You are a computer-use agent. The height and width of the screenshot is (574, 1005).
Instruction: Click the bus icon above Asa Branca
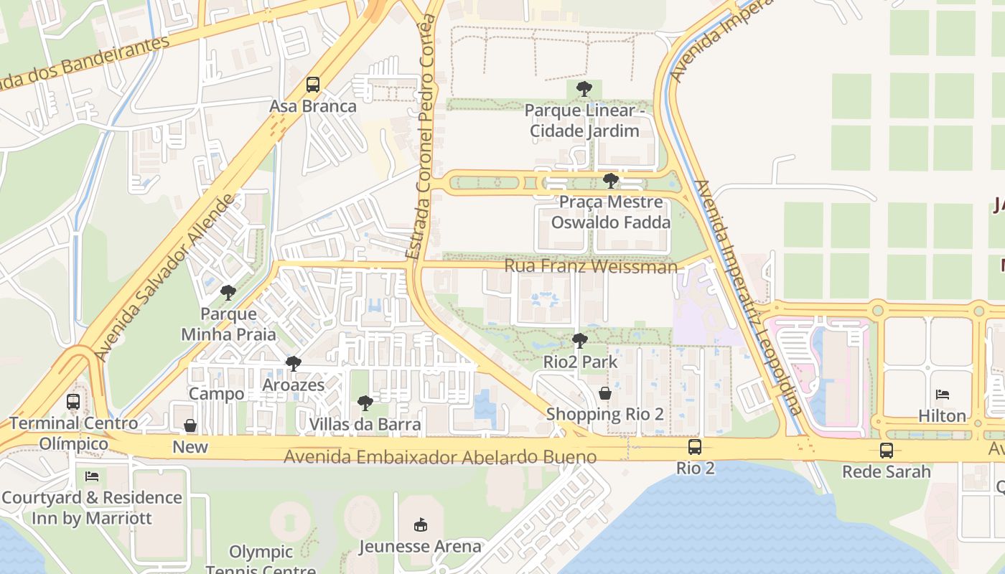click(x=312, y=85)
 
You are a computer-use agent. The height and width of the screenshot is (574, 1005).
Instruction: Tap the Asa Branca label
click(x=312, y=107)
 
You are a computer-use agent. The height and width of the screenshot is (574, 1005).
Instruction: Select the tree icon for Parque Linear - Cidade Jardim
click(x=584, y=90)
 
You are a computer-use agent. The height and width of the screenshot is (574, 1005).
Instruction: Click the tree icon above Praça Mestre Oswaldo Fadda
click(x=611, y=181)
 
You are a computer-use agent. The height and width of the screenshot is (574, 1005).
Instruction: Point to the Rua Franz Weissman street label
click(x=590, y=267)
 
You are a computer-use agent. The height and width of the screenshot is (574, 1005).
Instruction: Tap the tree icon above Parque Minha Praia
click(x=228, y=292)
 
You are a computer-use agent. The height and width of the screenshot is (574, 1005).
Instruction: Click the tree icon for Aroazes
click(x=293, y=364)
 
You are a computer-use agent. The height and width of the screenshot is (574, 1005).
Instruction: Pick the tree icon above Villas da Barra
click(x=365, y=403)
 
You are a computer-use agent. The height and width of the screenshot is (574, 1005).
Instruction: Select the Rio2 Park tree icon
click(x=580, y=341)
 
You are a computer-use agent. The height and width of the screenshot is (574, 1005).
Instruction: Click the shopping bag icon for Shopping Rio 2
click(x=605, y=393)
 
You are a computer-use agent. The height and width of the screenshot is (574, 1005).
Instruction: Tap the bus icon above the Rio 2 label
click(x=695, y=447)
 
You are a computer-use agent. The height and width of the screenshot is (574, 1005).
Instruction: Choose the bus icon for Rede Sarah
click(x=887, y=451)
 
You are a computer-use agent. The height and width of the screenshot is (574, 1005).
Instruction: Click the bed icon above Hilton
click(x=943, y=395)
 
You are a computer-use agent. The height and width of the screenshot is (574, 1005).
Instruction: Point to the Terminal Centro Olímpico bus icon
click(x=73, y=402)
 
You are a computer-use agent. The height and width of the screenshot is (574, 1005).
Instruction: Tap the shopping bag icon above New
click(x=190, y=426)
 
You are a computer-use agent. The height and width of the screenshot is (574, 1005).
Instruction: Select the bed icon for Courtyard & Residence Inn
click(x=92, y=476)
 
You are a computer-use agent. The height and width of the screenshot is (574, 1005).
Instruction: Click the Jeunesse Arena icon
click(x=421, y=525)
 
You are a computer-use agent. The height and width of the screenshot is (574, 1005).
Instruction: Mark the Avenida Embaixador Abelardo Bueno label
click(x=440, y=457)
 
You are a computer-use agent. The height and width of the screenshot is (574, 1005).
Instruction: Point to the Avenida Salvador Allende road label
click(x=164, y=277)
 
